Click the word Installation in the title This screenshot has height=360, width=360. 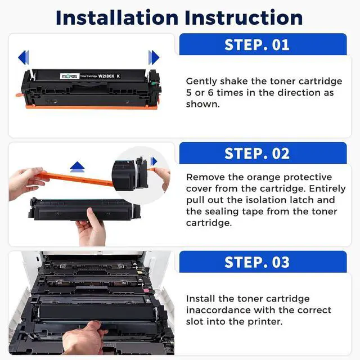pyautogui.click(x=117, y=17)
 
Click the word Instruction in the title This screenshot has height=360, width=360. pyautogui.click(x=244, y=17)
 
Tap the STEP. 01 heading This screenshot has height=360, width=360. pyautogui.click(x=257, y=45)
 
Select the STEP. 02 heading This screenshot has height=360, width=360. pyautogui.click(x=257, y=154)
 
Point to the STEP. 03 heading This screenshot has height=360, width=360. pyautogui.click(x=257, y=262)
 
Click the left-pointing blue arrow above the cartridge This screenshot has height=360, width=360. pyautogui.click(x=24, y=57)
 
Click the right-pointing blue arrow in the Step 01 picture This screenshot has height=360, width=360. pyautogui.click(x=154, y=57)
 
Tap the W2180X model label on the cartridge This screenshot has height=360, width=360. pyautogui.click(x=106, y=76)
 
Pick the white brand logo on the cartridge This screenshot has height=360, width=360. pyautogui.click(x=70, y=76)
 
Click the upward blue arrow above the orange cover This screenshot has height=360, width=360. pyautogui.click(x=78, y=166)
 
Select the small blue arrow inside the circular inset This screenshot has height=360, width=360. pyautogui.click(x=154, y=161)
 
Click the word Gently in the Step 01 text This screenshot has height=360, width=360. pyautogui.click(x=201, y=82)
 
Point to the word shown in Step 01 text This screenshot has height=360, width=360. pyautogui.click(x=202, y=104)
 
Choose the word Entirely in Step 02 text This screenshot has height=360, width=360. pyautogui.click(x=327, y=189)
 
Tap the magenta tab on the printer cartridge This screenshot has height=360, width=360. pyautogui.click(x=146, y=291)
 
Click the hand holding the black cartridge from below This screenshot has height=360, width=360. pyautogui.click(x=91, y=227)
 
